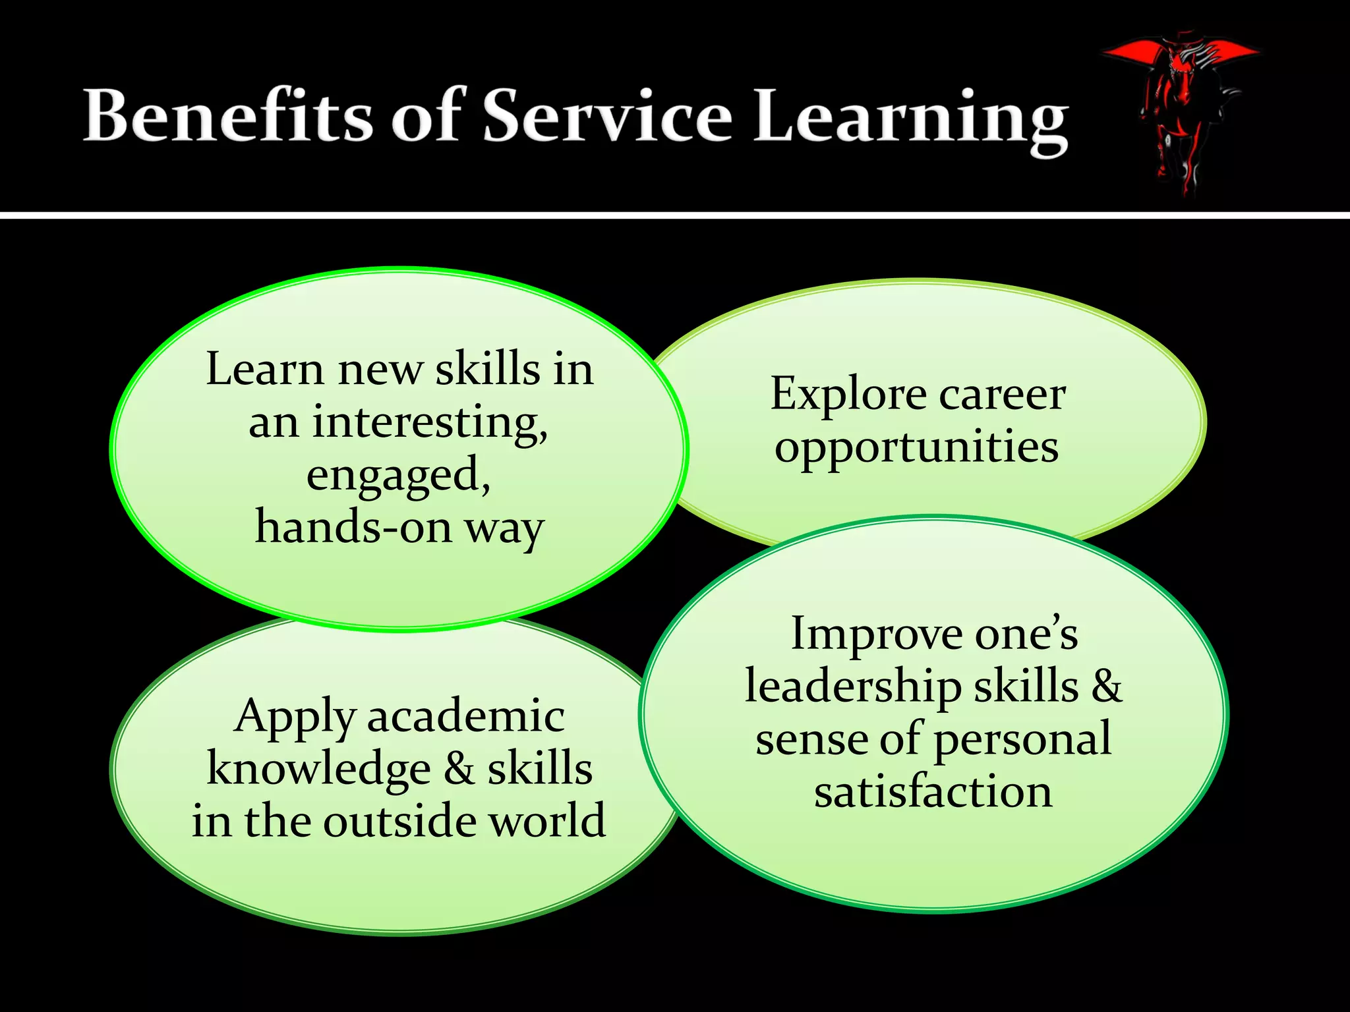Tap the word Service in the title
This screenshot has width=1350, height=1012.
(x=607, y=116)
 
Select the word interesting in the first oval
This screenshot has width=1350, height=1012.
(x=429, y=422)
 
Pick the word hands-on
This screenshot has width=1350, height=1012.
(x=353, y=527)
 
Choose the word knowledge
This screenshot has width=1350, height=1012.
(x=319, y=770)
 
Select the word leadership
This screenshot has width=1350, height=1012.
(x=853, y=687)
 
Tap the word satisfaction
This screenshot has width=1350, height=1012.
(x=933, y=792)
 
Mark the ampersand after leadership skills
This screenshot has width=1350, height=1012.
(x=1107, y=687)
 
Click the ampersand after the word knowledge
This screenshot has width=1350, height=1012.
(x=459, y=770)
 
